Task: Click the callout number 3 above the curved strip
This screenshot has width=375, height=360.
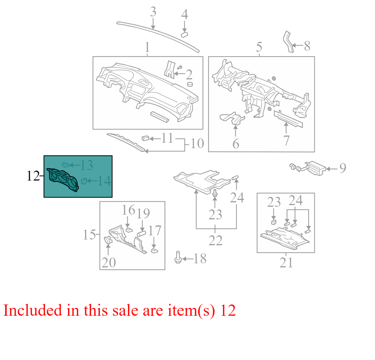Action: (153, 12)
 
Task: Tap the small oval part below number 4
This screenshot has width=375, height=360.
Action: (184, 35)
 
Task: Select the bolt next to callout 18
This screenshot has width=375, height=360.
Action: (178, 257)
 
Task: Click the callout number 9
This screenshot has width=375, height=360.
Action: (343, 168)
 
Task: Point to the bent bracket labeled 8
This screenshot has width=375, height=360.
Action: (288, 42)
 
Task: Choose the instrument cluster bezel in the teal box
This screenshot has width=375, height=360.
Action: (62, 179)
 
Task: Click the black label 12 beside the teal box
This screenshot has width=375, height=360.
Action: (33, 176)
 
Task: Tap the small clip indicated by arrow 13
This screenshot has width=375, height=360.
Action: (65, 165)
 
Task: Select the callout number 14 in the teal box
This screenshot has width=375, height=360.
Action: (104, 181)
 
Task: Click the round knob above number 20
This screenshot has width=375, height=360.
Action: (108, 240)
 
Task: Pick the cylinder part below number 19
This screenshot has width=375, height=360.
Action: (141, 233)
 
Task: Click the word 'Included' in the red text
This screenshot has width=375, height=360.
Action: (32, 310)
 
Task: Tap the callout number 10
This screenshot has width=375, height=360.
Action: (197, 143)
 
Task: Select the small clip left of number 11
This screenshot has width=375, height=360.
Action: (145, 138)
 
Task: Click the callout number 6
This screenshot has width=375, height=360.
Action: (236, 144)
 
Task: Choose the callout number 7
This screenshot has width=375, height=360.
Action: (286, 140)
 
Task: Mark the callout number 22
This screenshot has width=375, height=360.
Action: (216, 240)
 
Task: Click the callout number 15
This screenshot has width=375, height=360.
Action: (89, 235)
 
